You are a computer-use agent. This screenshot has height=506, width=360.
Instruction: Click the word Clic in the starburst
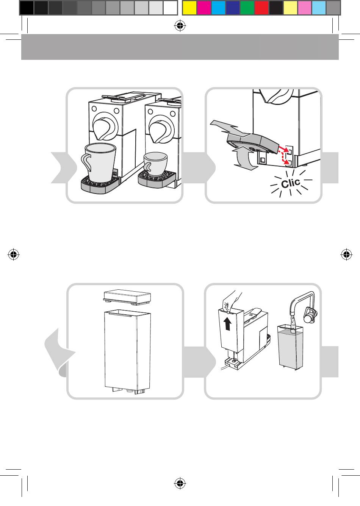(291, 184)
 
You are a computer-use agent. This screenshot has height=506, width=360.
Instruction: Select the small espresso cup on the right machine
(155, 161)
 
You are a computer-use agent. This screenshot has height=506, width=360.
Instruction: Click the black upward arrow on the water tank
(227, 324)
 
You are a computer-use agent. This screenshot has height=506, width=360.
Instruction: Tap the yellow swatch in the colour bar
(189, 8)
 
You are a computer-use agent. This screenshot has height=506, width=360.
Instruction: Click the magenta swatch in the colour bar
(204, 8)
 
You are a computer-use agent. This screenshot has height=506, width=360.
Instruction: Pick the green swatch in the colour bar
(247, 8)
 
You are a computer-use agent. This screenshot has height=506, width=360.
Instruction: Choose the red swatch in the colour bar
(261, 8)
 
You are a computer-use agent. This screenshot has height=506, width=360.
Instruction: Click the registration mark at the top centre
(180, 26)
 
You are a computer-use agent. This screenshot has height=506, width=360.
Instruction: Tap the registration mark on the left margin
(13, 255)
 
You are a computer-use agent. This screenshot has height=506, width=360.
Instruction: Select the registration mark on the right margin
(346, 255)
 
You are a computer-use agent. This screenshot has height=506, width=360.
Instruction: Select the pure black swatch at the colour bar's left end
(26, 8)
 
